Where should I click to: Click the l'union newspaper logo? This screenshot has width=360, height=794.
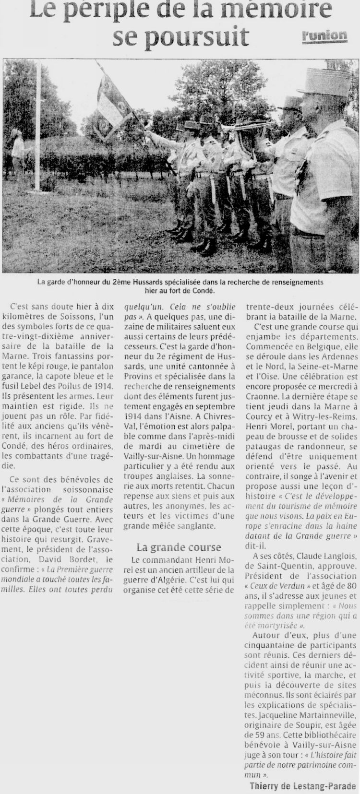click(x=324, y=35)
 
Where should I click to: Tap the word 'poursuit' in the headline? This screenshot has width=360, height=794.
click(x=200, y=37)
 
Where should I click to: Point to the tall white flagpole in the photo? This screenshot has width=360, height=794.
click(x=38, y=125)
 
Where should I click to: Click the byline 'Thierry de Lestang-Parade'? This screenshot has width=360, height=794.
click(x=302, y=786)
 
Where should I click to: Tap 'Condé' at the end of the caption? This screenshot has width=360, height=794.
click(x=202, y=290)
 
